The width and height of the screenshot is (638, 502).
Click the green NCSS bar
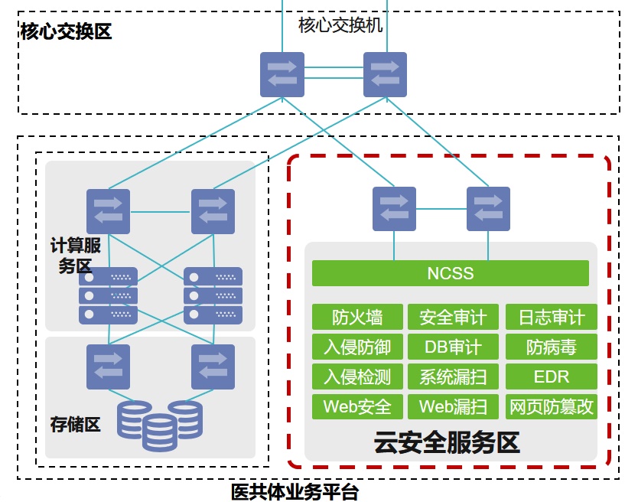(450, 273)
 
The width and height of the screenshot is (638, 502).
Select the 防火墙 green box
(357, 317)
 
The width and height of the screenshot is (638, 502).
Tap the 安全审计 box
(453, 317)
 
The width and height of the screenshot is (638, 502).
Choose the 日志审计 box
(551, 317)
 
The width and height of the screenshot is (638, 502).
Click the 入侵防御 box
(357, 347)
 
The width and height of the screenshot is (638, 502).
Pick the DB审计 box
(453, 347)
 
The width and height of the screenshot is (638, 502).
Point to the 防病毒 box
(551, 347)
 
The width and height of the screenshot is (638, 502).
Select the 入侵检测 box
(357, 376)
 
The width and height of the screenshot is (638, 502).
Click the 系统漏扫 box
(453, 376)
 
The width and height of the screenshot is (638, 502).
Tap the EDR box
(551, 376)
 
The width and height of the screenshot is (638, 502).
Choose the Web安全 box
(357, 406)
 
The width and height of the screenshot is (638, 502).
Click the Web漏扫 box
(453, 406)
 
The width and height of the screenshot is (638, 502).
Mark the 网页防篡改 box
(551, 406)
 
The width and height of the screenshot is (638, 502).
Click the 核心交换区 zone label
(66, 31)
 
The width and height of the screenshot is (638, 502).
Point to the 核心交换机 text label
(340, 25)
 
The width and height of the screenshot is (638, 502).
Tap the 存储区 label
(75, 424)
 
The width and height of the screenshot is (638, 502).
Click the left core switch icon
(282, 74)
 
